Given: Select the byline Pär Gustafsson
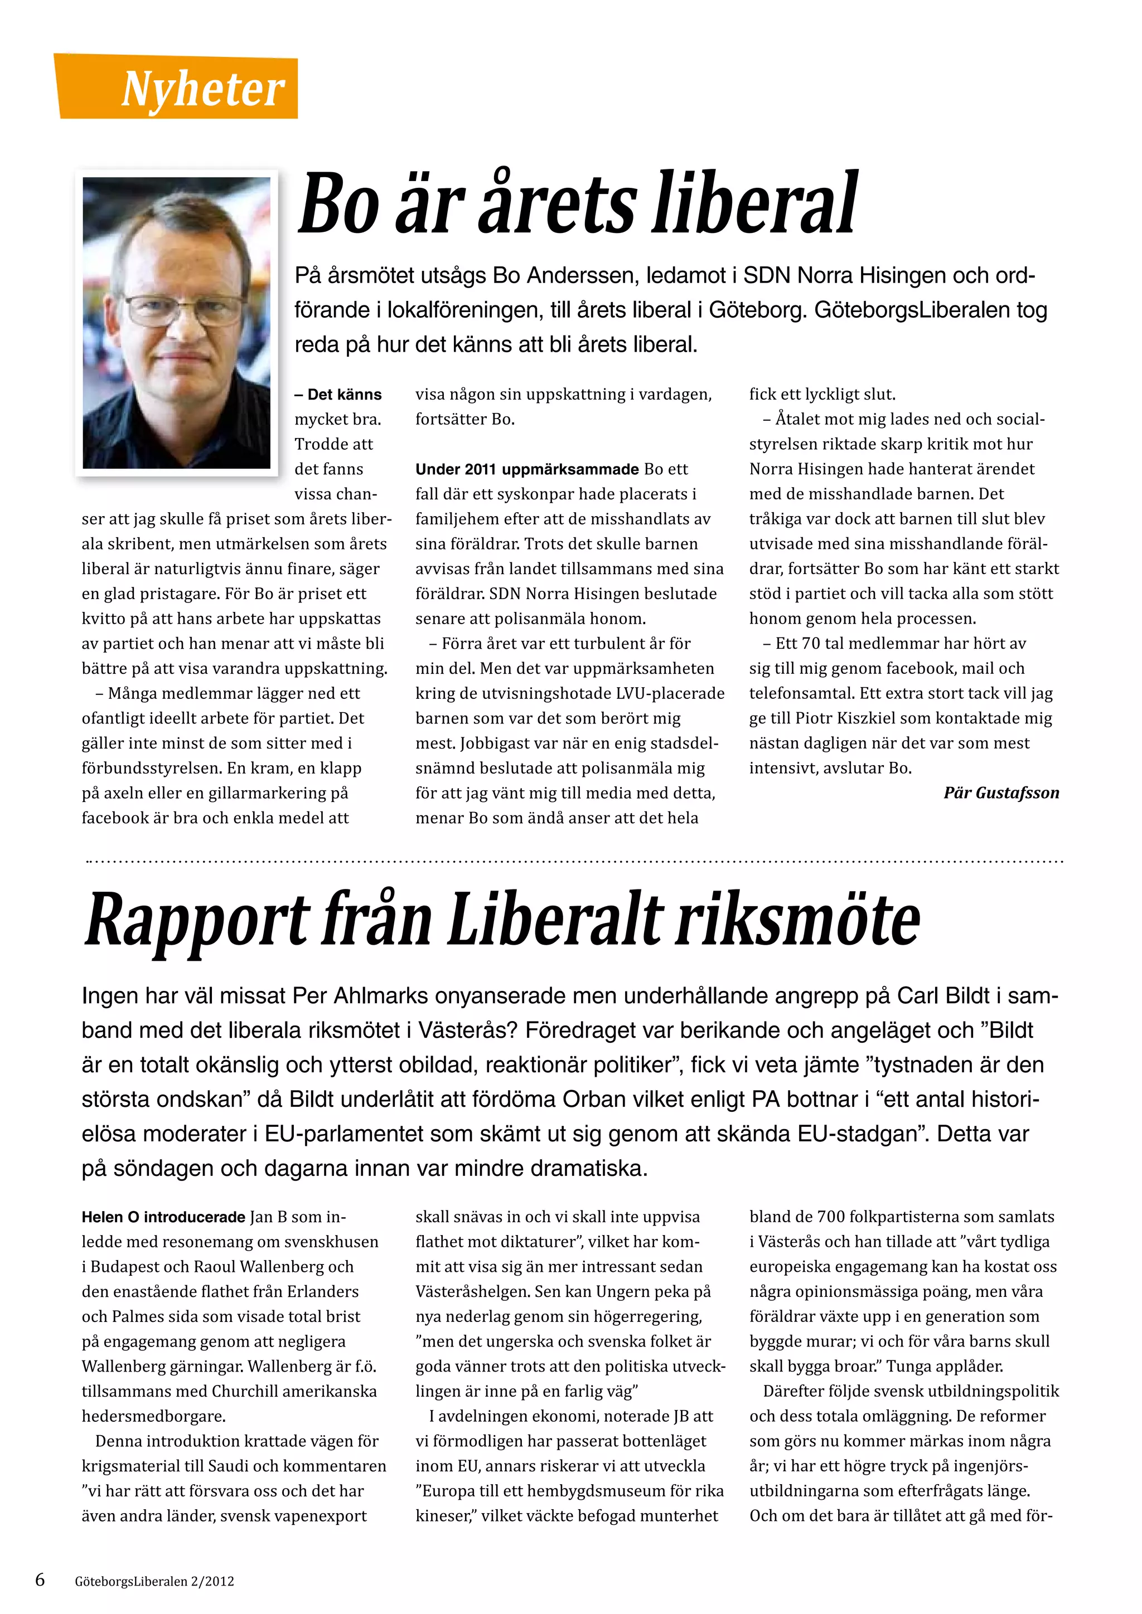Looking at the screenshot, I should (1001, 793).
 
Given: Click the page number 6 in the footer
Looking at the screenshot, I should (40, 1579).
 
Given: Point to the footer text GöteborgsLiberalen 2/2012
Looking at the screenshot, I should (154, 1582).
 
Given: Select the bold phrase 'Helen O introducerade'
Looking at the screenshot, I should (163, 1217).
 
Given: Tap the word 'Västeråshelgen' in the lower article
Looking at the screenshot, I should (472, 1291).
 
